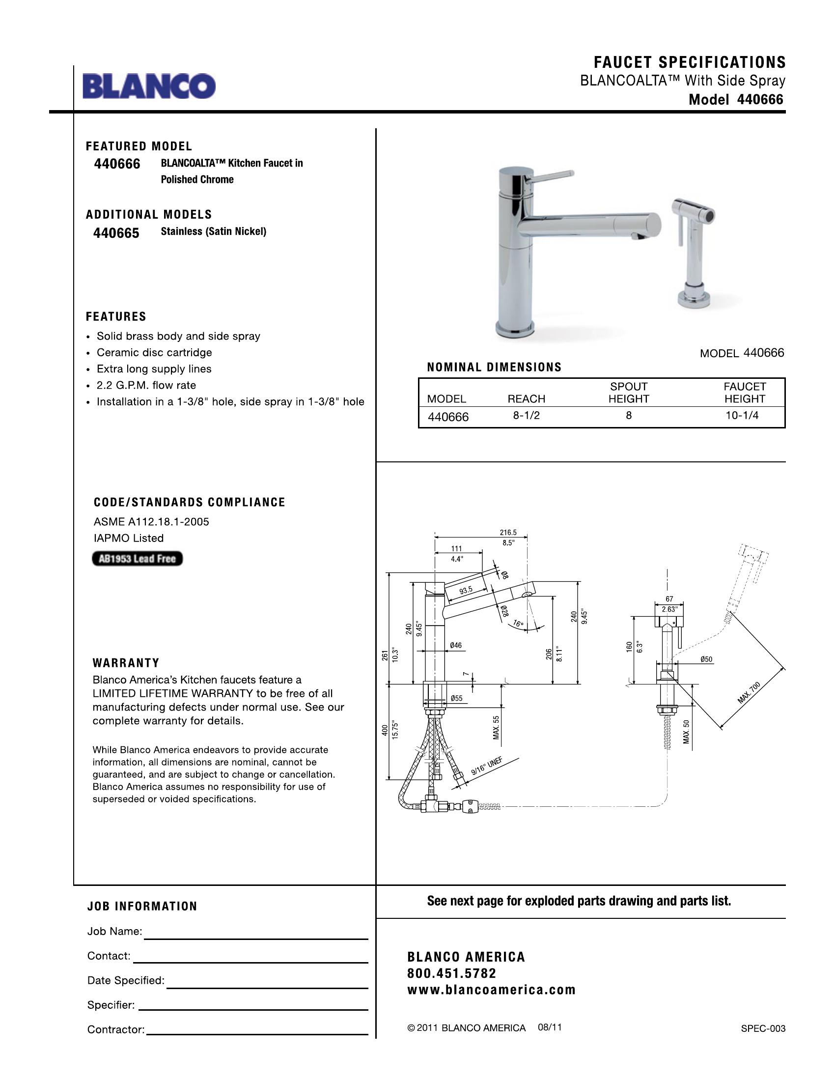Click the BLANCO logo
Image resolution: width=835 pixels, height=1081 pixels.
[148, 86]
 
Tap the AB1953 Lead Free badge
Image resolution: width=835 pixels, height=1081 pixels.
[137, 559]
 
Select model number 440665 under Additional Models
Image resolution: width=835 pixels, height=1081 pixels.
[116, 232]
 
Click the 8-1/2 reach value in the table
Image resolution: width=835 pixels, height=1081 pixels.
[527, 416]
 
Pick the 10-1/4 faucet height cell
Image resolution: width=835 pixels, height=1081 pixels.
[742, 416]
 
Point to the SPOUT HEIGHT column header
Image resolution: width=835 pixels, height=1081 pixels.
[628, 393]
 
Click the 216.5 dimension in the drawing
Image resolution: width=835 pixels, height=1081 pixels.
[508, 533]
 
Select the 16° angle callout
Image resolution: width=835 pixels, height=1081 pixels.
[518, 624]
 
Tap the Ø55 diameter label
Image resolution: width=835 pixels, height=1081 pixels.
[456, 698]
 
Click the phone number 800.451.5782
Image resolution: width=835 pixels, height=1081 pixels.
[451, 973]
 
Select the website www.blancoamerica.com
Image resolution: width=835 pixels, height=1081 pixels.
[491, 990]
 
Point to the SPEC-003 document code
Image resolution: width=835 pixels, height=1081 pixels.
[763, 1028]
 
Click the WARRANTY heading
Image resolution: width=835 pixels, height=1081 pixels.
[126, 663]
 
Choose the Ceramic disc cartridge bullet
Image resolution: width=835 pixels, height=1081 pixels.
[154, 352]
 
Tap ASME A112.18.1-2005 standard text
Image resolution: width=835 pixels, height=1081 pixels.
[151, 522]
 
